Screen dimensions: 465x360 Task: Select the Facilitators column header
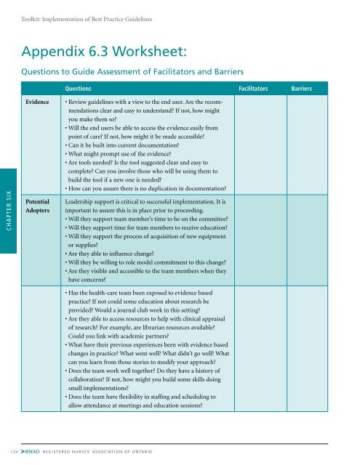pyautogui.click(x=255, y=87)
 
